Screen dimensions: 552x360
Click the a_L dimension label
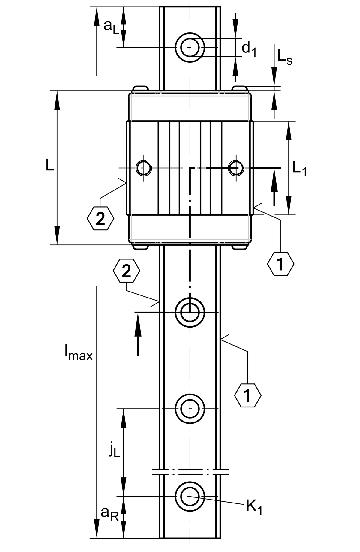point(111,27)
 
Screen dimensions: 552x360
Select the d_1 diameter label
point(249,49)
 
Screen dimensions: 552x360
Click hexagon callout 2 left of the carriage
point(100,218)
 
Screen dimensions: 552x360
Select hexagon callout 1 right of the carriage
point(280,264)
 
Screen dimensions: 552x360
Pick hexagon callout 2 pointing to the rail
point(127,271)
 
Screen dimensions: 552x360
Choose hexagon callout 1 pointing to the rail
point(247,395)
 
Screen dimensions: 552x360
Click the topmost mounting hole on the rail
point(190,47)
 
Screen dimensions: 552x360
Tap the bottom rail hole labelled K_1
point(190,496)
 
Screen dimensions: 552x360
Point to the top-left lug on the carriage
point(140,89)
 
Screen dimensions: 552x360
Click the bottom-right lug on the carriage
point(239,247)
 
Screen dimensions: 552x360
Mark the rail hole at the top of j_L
point(190,409)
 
